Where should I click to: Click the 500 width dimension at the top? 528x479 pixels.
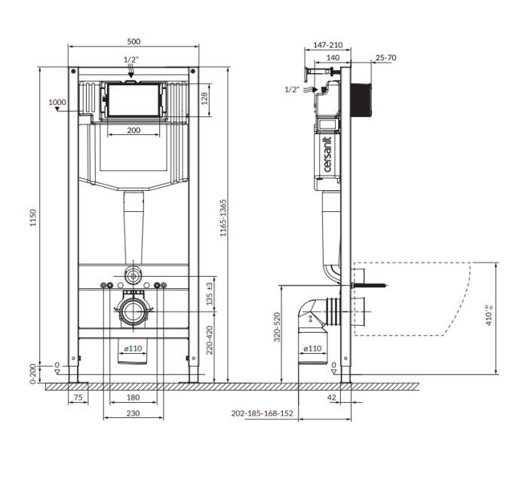134,41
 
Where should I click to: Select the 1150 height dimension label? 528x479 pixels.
32,218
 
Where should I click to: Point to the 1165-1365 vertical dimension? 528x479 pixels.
223,218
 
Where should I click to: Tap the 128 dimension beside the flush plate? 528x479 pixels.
204,98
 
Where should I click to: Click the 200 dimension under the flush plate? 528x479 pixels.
134,130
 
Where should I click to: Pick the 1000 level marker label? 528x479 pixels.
57,102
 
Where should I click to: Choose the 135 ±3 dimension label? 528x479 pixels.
210,293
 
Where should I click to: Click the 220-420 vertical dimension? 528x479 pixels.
210,340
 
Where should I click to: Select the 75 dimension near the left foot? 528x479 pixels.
78,397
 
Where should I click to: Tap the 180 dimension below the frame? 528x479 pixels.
133,397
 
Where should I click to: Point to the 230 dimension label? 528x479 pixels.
133,413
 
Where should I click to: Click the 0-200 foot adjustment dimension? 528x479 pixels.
32,373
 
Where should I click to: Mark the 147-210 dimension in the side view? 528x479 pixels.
327,45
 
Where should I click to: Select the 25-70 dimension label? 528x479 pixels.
386,57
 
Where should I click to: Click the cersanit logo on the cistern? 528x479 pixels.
327,155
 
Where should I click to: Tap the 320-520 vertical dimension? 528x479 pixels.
277,327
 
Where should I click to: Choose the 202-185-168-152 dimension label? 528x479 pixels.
262,413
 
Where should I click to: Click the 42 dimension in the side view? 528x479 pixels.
331,397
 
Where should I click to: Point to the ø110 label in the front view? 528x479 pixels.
133,349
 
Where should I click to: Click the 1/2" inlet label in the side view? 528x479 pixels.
292,89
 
